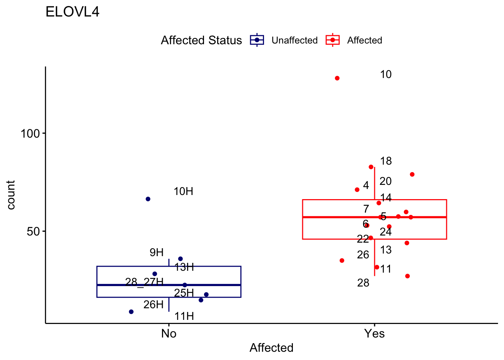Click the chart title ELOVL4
point(72,12)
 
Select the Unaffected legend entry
point(294,40)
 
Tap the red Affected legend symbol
point(333,40)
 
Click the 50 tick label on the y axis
point(33,231)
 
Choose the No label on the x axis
point(169,333)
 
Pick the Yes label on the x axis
point(374,333)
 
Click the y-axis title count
point(11,195)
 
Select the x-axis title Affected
point(271,348)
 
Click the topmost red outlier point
point(337,78)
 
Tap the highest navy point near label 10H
point(148,199)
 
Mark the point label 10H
point(183,192)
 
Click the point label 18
point(385,161)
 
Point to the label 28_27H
point(144,282)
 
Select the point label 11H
point(184,316)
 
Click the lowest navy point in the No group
point(131,312)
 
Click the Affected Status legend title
point(201,40)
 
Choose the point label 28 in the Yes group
point(363,283)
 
